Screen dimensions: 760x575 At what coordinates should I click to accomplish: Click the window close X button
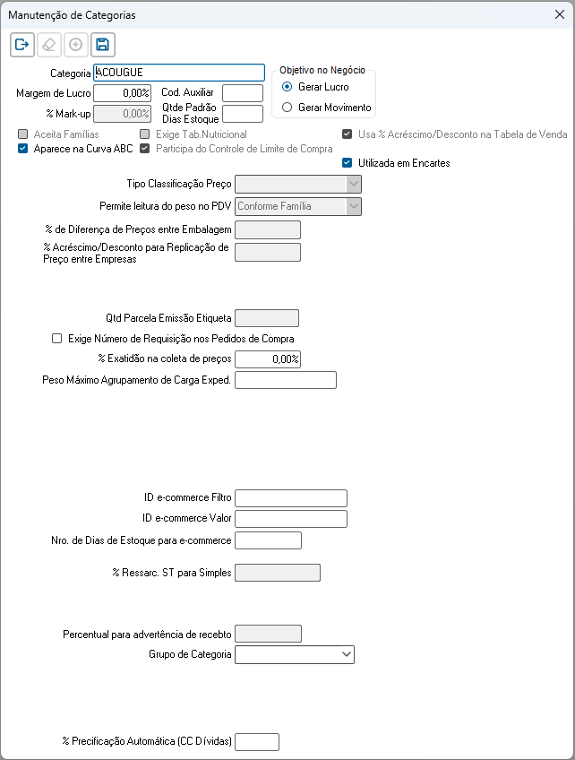tap(559, 15)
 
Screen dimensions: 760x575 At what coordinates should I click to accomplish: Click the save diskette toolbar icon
tap(102, 44)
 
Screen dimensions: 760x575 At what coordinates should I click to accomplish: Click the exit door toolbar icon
tap(22, 44)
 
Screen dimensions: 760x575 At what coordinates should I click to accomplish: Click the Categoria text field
tap(178, 73)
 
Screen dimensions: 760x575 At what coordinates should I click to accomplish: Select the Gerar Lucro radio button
tap(287, 87)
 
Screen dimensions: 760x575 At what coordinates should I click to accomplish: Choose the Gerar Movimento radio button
tap(287, 108)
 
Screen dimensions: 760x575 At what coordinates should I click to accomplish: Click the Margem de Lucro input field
tap(122, 92)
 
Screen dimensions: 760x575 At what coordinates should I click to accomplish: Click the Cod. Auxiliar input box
tap(242, 92)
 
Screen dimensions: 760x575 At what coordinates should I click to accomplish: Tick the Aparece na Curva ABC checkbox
tap(23, 149)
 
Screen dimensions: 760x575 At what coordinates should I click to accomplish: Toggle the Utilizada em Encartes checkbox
tap(348, 163)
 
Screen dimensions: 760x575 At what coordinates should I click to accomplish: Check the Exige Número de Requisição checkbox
tap(58, 339)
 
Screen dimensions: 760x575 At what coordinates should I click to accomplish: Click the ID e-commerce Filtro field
tap(290, 498)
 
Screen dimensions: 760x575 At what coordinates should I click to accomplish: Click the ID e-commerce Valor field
tap(290, 519)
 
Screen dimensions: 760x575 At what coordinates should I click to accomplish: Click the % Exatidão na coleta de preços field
tap(267, 358)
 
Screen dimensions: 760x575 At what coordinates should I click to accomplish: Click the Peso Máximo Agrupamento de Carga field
tap(285, 380)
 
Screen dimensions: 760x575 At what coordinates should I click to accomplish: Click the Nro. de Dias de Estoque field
tap(268, 540)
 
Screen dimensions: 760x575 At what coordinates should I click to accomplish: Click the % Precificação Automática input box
tap(257, 741)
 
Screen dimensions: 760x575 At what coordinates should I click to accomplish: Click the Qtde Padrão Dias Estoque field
tap(242, 113)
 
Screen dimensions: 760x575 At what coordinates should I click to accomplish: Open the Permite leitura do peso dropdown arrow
tap(354, 206)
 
